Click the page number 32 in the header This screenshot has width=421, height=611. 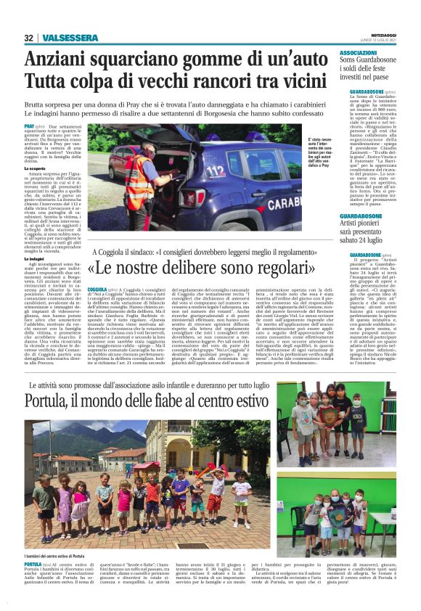pos(28,38)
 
